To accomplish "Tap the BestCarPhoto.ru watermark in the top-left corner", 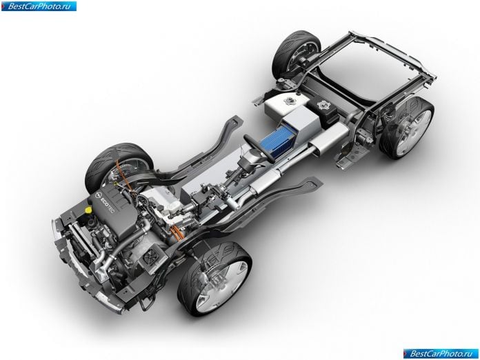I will [x=38, y=6].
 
